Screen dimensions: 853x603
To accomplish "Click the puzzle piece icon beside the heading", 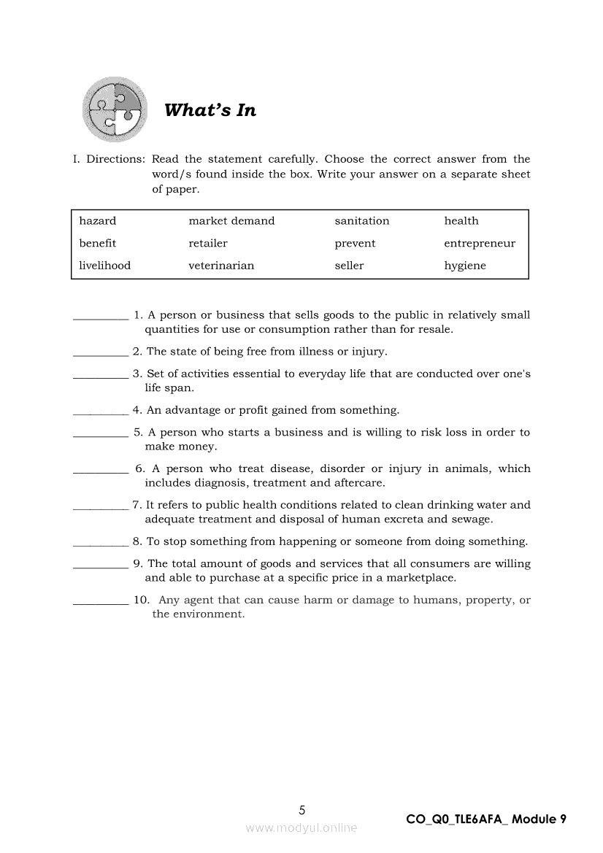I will click(x=115, y=109).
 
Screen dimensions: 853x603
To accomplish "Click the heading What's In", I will click(x=210, y=110).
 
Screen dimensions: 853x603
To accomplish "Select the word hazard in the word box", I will click(x=98, y=221).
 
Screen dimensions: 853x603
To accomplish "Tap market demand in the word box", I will click(x=231, y=221).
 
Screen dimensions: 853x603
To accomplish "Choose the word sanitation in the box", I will click(x=362, y=221).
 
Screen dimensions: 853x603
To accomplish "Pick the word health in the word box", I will click(x=461, y=221).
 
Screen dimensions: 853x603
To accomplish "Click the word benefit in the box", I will click(x=98, y=243).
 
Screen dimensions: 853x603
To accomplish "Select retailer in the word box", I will click(x=208, y=243).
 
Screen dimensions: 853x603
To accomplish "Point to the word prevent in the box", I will click(x=355, y=243).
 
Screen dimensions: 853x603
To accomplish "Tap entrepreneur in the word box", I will click(x=480, y=243).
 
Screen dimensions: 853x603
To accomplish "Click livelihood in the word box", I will click(x=105, y=266).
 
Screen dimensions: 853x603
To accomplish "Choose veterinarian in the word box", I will click(x=221, y=266).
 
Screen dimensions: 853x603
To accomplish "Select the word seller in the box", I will click(x=349, y=266).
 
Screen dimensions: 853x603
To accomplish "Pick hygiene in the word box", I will click(x=465, y=266).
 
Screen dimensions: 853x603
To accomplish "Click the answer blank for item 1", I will click(x=101, y=317).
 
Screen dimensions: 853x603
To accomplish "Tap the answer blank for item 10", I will click(x=101, y=601).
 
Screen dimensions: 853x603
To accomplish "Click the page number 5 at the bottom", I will click(x=302, y=809).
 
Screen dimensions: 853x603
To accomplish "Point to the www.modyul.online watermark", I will click(x=301, y=827).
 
